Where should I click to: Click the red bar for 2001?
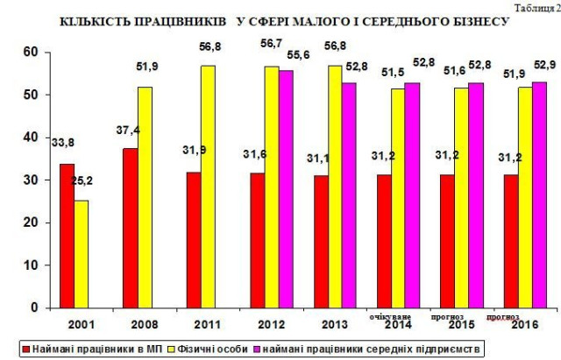pyautogui.click(x=67, y=236)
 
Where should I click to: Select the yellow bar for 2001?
pyautogui.click(x=81, y=254)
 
